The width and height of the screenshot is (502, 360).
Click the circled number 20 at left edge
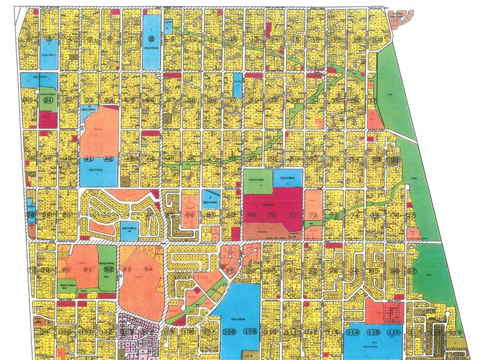(26, 100)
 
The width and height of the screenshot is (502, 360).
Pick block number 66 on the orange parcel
(190, 215)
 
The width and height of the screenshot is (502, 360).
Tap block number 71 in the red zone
(292, 215)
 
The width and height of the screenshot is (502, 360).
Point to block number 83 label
(128, 270)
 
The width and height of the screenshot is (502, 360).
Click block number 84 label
(149, 270)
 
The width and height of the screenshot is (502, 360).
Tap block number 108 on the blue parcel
(230, 331)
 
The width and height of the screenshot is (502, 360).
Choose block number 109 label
(250, 331)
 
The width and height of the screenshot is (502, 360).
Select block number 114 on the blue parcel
(354, 332)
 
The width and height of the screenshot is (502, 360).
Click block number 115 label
(374, 332)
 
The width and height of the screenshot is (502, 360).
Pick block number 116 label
(394, 332)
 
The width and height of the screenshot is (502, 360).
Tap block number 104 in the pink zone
(145, 332)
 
